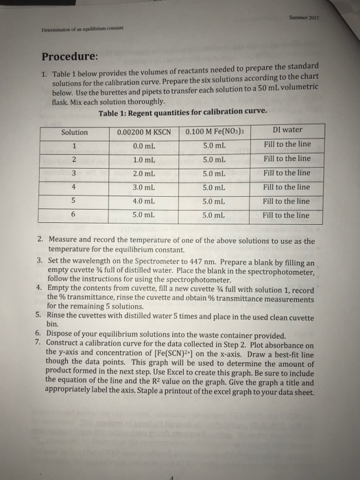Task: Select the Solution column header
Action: tap(75, 132)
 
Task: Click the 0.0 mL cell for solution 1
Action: tap(143, 145)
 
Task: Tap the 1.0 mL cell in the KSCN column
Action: tap(143, 159)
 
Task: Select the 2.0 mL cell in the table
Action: tap(143, 173)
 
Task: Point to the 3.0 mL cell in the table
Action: tap(143, 187)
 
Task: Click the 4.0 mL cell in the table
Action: tap(143, 202)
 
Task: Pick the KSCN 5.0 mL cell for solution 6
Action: tap(143, 215)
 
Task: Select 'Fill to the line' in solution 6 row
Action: tap(287, 215)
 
